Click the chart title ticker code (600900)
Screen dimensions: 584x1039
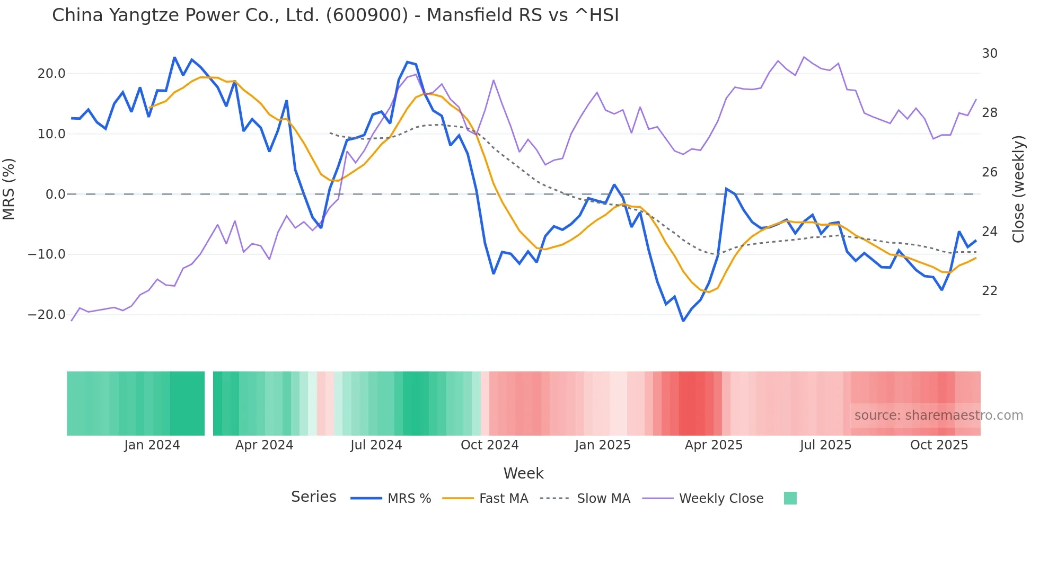pyautogui.click(x=367, y=15)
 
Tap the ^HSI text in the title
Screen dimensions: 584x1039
pyautogui.click(x=596, y=15)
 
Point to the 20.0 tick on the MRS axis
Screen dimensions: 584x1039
pyautogui.click(x=51, y=74)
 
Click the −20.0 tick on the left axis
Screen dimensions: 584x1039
pyautogui.click(x=47, y=315)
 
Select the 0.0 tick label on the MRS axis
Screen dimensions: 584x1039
pyautogui.click(x=56, y=194)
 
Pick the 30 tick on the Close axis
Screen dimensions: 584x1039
pyautogui.click(x=989, y=54)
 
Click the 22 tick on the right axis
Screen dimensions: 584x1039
pyautogui.click(x=989, y=291)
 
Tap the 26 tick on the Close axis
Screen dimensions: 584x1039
pyautogui.click(x=989, y=172)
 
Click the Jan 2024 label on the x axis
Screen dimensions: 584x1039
pyautogui.click(x=152, y=445)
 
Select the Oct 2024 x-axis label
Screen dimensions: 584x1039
pyautogui.click(x=489, y=445)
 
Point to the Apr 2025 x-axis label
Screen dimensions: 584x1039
pyautogui.click(x=714, y=445)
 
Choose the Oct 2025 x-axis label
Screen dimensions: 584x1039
pyautogui.click(x=939, y=445)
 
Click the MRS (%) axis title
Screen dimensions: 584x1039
pyautogui.click(x=9, y=189)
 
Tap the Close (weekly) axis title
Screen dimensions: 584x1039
pyautogui.click(x=1018, y=189)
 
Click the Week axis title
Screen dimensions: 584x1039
pyautogui.click(x=523, y=473)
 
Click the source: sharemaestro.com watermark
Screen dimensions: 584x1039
pyautogui.click(x=938, y=415)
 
